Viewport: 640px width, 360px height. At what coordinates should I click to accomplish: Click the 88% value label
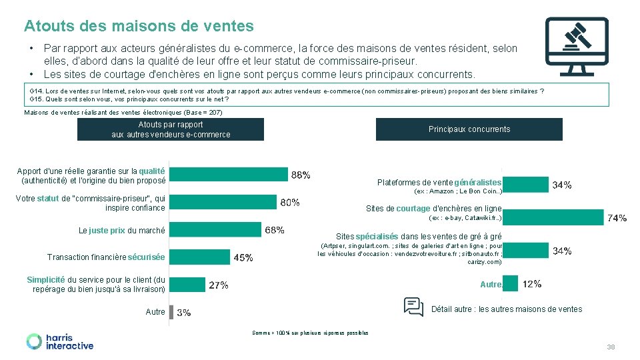tap(301, 175)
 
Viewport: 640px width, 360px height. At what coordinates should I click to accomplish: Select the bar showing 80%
tap(223, 201)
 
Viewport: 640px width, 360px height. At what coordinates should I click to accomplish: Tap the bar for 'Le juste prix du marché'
tap(215, 230)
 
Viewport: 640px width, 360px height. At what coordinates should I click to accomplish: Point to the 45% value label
tap(243, 257)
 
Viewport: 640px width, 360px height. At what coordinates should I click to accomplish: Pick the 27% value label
tap(219, 285)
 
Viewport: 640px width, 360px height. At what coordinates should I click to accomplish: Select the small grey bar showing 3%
tap(171, 312)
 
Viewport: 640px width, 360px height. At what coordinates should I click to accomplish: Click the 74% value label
tap(617, 217)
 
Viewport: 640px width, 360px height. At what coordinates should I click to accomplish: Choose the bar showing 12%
tap(510, 285)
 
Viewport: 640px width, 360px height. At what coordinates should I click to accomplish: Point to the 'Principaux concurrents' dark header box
tap(469, 129)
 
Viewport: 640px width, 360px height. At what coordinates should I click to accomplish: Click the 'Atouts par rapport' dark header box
tap(171, 129)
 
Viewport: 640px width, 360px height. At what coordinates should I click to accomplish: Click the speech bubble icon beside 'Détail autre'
tap(414, 307)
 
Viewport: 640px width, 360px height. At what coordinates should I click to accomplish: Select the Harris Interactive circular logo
tap(34, 341)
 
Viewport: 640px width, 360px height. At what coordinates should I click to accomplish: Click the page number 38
tap(611, 347)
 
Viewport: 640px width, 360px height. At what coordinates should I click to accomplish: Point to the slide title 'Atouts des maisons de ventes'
tap(139, 26)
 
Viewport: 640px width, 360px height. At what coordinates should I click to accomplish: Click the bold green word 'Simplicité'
tap(46, 280)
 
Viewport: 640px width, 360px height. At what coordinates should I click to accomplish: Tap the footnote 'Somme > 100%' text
tap(310, 333)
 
